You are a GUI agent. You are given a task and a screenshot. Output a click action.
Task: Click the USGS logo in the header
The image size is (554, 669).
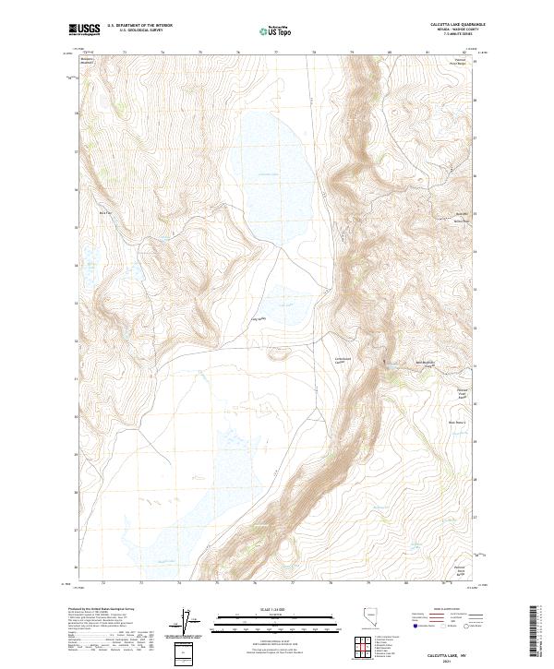coord(84,29)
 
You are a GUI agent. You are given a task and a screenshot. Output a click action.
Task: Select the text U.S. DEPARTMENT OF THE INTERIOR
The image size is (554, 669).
coord(139,25)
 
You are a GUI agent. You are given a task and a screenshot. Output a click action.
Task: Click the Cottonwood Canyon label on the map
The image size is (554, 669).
coord(344,362)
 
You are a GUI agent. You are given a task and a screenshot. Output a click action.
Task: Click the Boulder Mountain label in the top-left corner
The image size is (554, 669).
coord(88,62)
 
